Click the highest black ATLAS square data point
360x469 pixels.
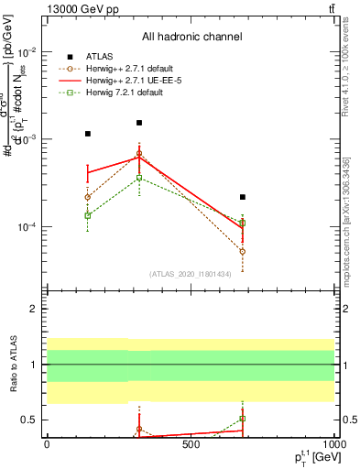[139, 123]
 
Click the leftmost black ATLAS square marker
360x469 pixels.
[88, 134]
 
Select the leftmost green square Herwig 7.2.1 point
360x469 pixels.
[88, 215]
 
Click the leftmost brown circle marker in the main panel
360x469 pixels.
[88, 197]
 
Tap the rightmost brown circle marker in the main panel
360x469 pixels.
[243, 251]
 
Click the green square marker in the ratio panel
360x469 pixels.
[243, 419]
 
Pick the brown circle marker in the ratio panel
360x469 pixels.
[139, 429]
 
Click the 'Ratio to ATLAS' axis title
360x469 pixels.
[13, 365]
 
